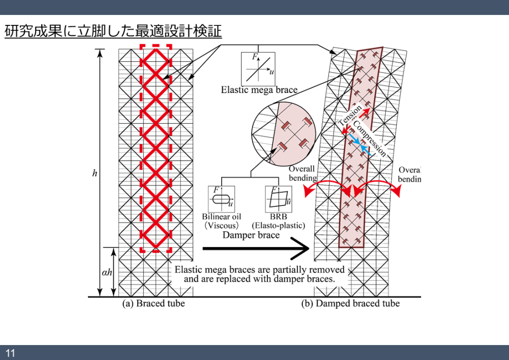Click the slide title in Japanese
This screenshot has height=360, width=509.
[x=113, y=31]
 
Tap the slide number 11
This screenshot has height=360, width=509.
[x=10, y=353]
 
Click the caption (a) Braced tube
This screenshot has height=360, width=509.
[x=154, y=303]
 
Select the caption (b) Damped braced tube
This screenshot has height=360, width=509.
[x=350, y=303]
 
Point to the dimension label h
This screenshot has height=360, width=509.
[x=94, y=174]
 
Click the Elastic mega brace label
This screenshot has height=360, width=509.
[x=259, y=90]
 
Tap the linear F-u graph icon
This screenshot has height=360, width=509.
[x=258, y=69]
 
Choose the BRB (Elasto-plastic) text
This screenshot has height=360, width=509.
[x=278, y=221]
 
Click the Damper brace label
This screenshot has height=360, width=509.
[x=251, y=235]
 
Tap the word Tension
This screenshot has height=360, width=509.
[x=350, y=116]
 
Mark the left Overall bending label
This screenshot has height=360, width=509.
[x=302, y=174]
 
